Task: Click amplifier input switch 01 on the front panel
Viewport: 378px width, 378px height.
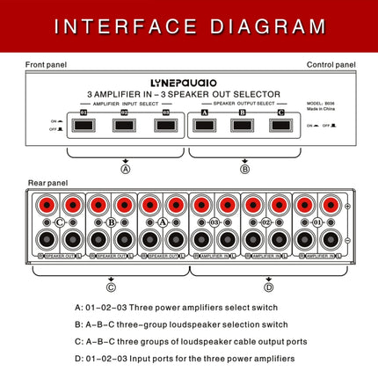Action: point(84,125)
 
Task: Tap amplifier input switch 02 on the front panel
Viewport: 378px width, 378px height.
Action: point(125,125)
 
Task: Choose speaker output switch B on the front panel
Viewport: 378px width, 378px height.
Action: point(243,125)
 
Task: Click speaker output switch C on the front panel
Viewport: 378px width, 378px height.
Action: point(280,125)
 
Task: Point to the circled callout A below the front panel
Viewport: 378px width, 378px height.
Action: point(126,168)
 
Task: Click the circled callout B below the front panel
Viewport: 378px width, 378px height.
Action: point(244,168)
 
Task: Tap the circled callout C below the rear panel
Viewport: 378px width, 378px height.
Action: point(111,286)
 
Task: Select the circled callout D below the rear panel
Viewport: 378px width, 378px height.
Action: point(267,286)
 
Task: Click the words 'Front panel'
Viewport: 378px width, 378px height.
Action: point(46,65)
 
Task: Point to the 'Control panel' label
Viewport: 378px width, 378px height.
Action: point(331,65)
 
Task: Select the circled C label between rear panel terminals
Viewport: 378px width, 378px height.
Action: point(60,223)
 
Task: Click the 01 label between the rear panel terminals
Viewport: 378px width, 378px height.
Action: point(317,223)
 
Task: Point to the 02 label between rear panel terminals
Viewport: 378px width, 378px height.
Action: point(265,223)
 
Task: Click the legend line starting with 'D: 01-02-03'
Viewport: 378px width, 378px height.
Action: point(185,359)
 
